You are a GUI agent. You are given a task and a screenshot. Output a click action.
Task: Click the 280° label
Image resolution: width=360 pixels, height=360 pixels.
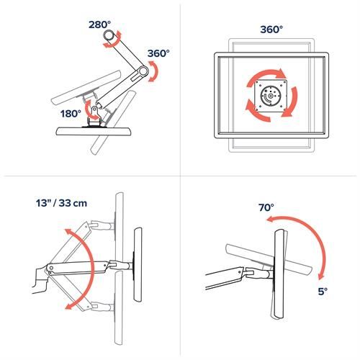[102, 23]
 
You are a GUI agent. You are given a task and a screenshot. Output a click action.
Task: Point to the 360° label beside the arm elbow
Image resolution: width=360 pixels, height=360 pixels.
[158, 54]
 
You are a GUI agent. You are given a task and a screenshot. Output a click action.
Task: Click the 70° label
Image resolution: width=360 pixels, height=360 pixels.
[267, 207]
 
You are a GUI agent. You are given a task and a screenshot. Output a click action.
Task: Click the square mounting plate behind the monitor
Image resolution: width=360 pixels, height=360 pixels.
[269, 96]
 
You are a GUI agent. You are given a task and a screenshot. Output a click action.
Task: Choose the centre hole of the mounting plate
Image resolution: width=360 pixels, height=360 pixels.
[269, 96]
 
